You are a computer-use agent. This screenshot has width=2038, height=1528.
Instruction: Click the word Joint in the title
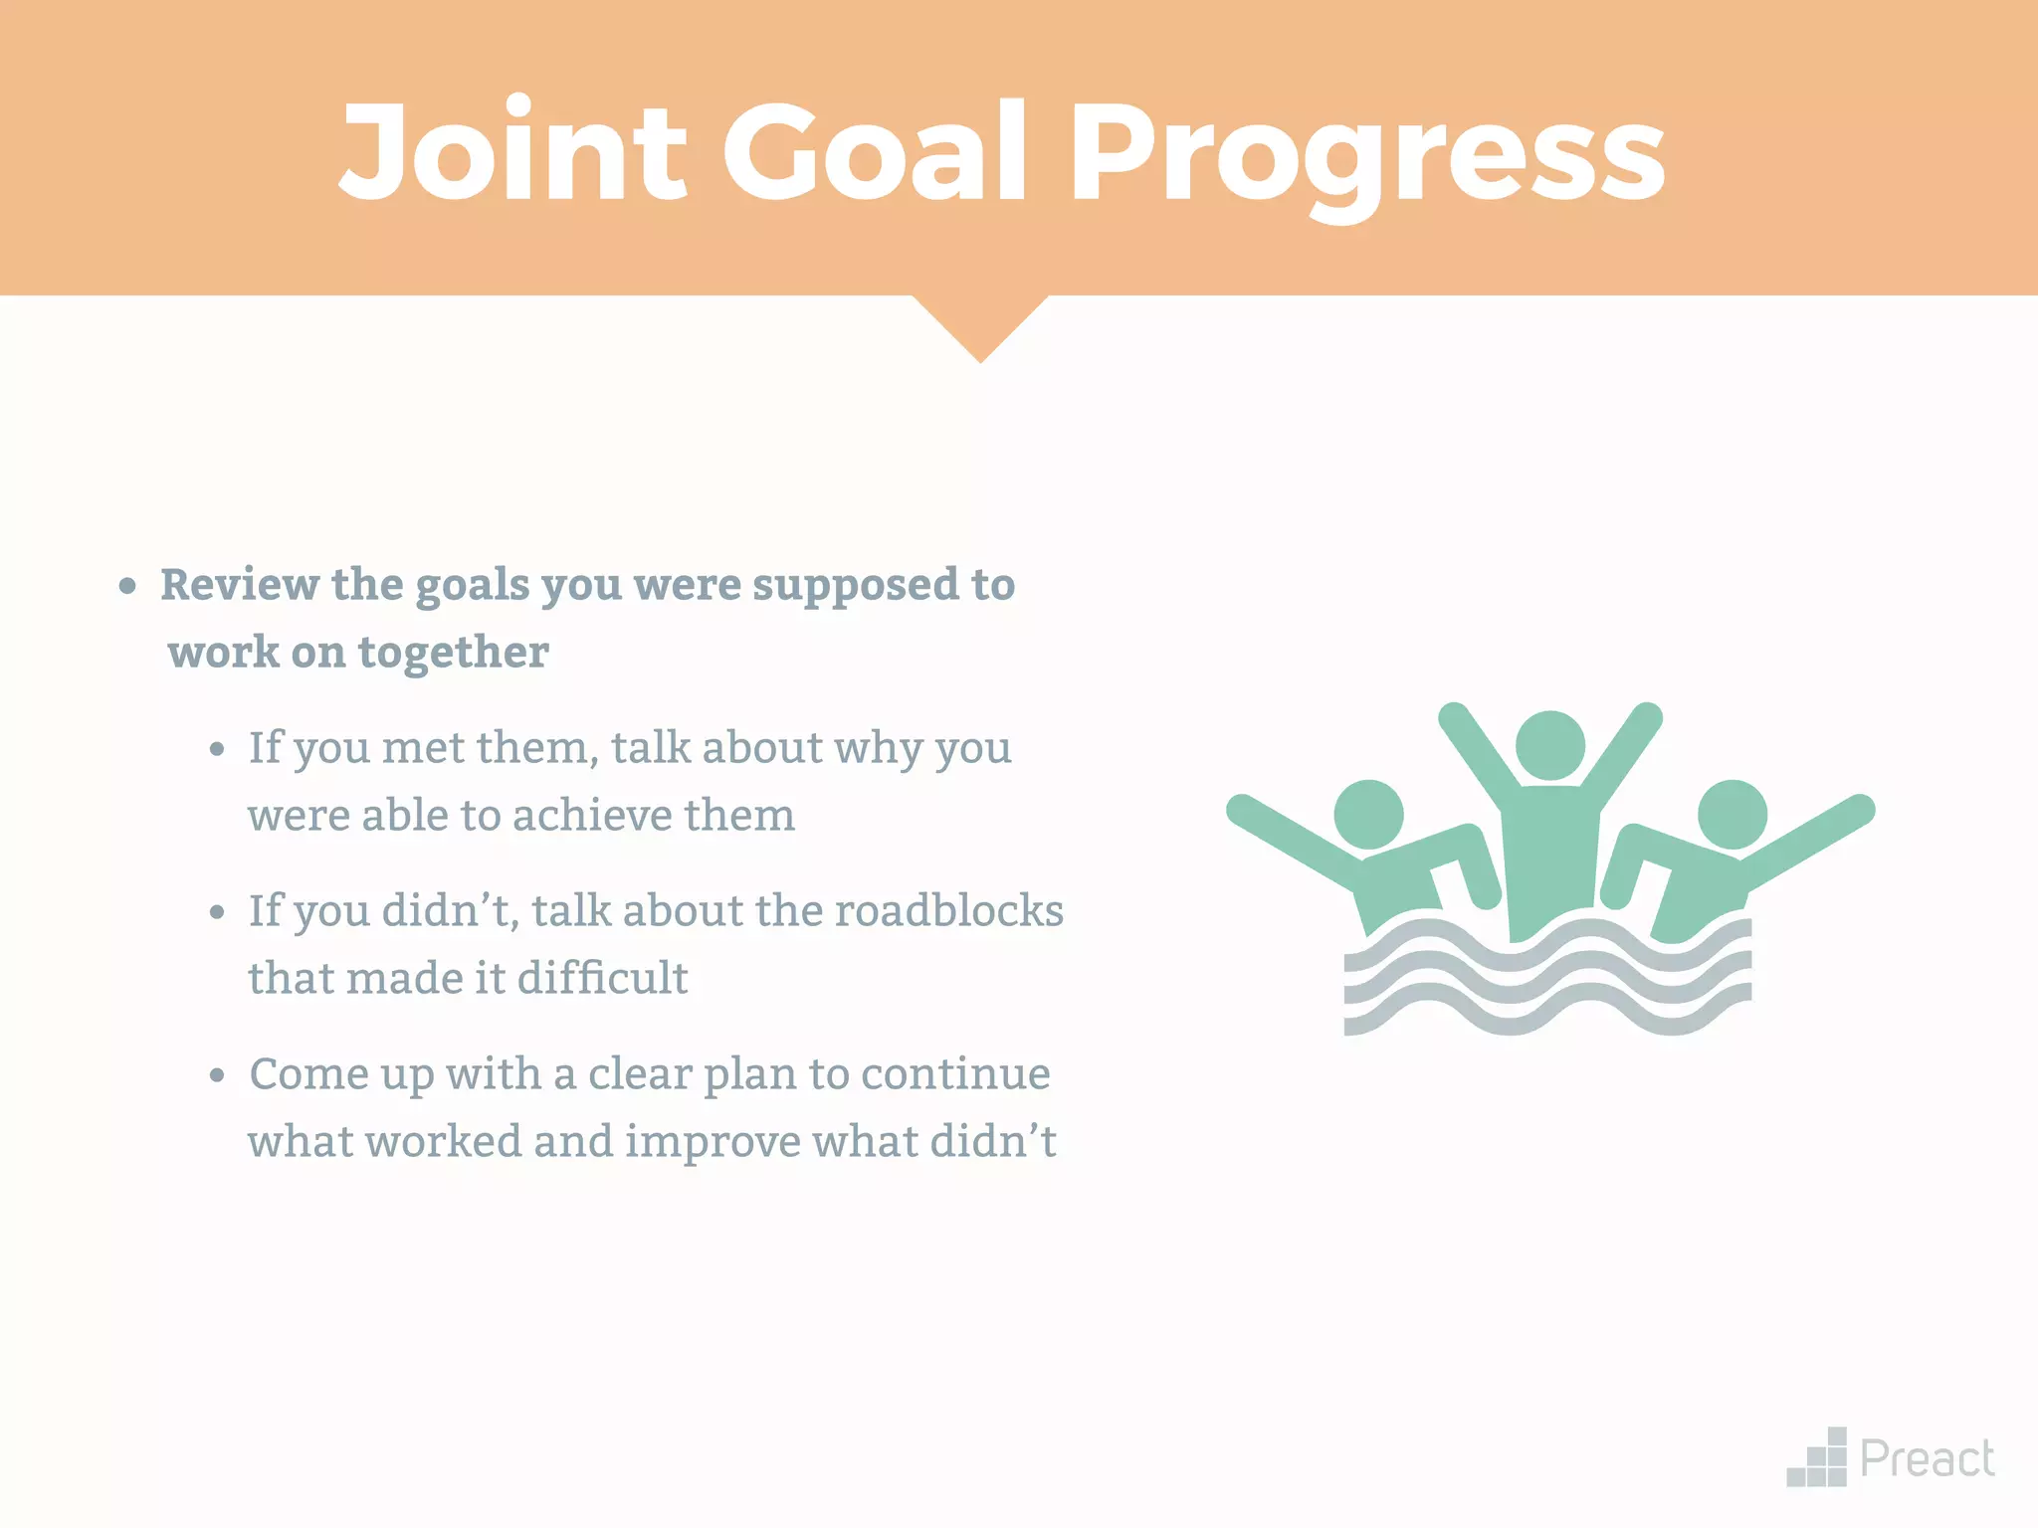pyautogui.click(x=512, y=151)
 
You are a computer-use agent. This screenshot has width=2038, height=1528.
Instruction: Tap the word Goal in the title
pyautogui.click(x=874, y=151)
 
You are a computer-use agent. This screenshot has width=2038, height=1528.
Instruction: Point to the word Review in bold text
pyautogui.click(x=239, y=584)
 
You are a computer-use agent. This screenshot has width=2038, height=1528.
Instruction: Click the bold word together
pyautogui.click(x=453, y=654)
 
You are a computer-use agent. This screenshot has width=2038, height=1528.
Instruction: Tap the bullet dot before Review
pyautogui.click(x=127, y=586)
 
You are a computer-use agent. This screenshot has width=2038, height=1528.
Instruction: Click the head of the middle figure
pyautogui.click(x=1549, y=746)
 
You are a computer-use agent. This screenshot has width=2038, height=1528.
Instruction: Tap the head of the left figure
pyautogui.click(x=1368, y=815)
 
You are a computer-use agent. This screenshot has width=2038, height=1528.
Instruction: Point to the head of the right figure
pyautogui.click(x=1732, y=815)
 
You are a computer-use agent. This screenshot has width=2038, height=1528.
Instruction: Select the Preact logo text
pyautogui.click(x=1927, y=1459)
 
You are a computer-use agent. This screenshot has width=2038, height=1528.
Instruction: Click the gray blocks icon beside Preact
pyautogui.click(x=1818, y=1459)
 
